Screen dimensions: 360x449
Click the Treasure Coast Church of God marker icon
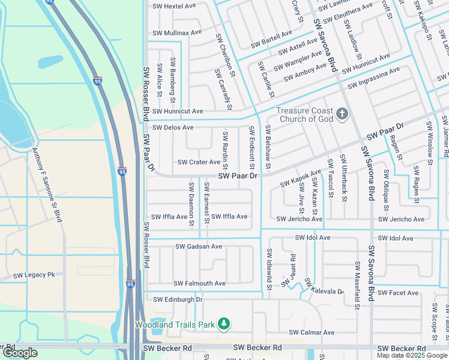coord(342,114)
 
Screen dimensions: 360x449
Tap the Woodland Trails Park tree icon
coord(224,325)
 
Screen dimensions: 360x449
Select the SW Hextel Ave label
coord(175,6)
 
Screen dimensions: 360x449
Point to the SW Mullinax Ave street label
coord(177,32)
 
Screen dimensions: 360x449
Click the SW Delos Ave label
coord(173,128)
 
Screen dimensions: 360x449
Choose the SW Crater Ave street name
coord(199,163)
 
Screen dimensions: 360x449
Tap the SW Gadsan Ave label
coord(199,247)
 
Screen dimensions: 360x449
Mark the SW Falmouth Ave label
coord(199,283)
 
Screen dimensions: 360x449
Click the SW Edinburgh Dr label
coord(178,299)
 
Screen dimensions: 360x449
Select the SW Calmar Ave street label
coord(312,332)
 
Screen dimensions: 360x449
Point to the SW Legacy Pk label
coord(34,275)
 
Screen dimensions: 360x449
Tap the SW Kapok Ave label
coord(301,178)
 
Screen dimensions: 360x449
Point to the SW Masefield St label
coord(357,285)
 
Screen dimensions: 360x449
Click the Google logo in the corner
coord(20,353)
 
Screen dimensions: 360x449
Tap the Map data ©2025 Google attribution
coord(412,355)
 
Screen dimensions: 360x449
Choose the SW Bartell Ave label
coord(272,36)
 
